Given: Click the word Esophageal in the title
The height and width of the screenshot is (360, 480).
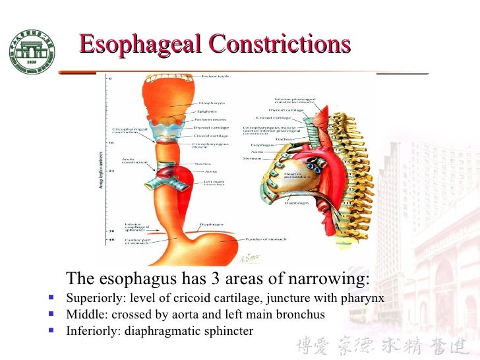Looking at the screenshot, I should pyautogui.click(x=140, y=44).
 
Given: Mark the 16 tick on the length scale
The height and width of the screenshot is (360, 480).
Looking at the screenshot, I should pyautogui.click(x=109, y=142).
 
